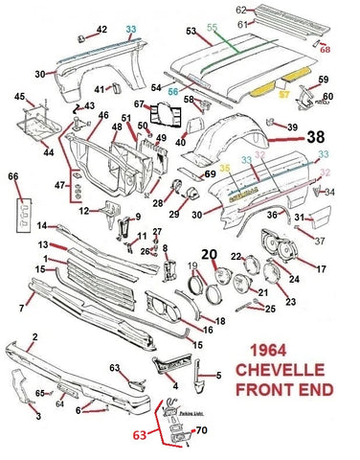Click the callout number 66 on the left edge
point(12,177)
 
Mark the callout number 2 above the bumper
point(35,335)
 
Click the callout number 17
point(322,269)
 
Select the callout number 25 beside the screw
point(271,309)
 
